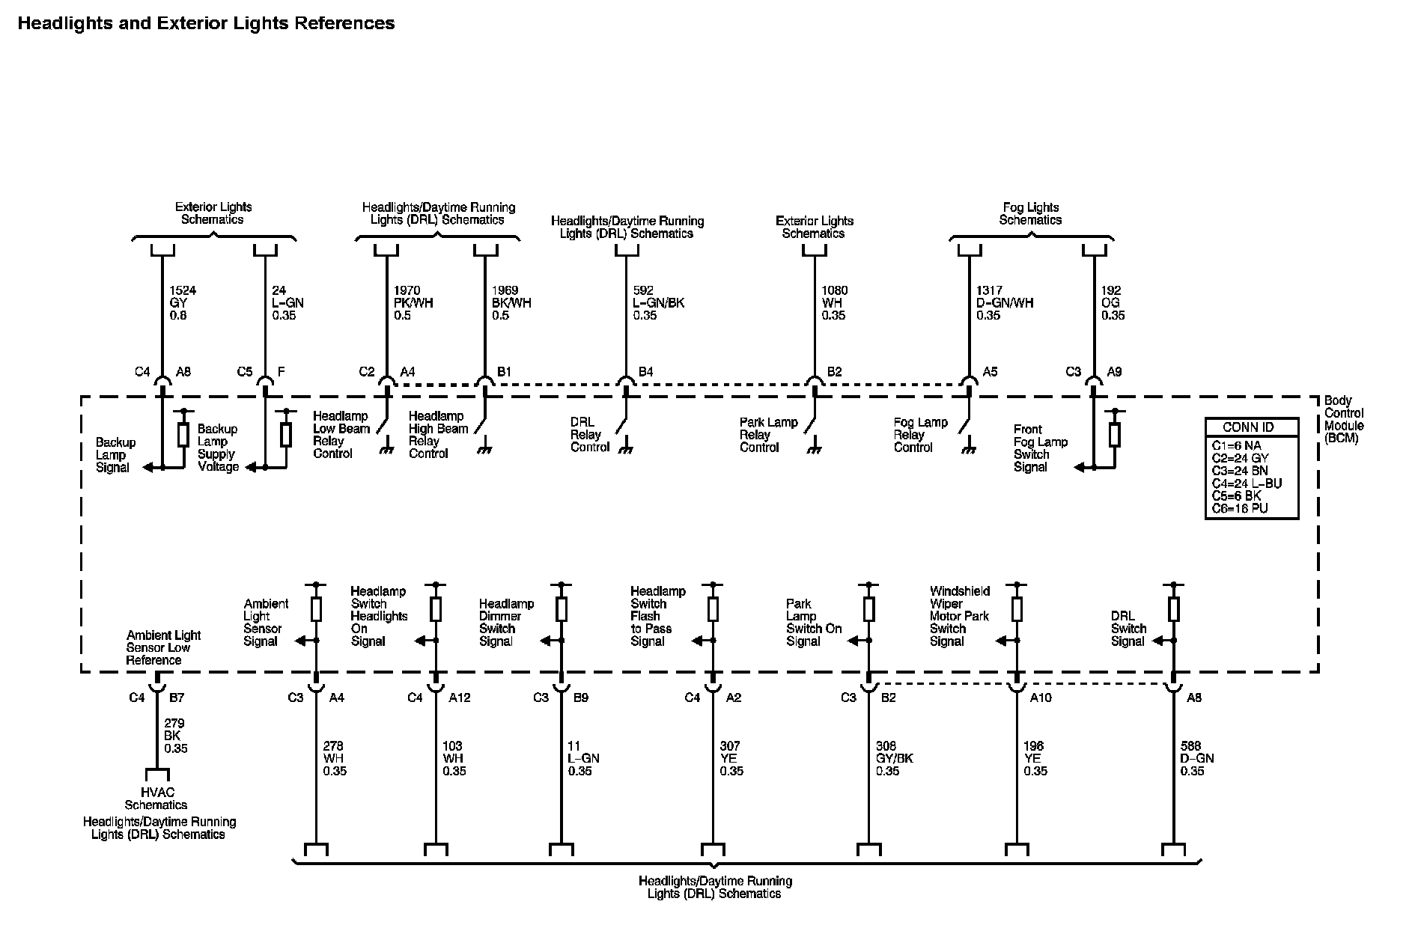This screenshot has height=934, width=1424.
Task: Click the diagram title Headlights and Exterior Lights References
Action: (206, 23)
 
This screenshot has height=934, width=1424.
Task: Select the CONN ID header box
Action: (1251, 427)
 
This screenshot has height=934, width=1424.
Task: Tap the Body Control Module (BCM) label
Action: (1344, 419)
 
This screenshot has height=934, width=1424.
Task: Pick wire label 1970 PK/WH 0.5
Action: (413, 302)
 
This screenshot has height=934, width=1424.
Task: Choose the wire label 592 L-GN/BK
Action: (659, 302)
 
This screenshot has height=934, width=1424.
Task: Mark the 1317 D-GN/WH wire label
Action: (1004, 302)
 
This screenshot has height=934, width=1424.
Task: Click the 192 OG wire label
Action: (1113, 302)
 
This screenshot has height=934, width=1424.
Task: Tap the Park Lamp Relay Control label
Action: (768, 435)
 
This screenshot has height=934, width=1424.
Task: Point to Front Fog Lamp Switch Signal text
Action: (1040, 448)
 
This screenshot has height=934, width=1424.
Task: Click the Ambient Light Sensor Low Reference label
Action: (162, 647)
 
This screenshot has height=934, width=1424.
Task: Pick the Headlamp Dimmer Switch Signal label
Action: (506, 623)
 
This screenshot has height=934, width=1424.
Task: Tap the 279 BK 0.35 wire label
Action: (175, 736)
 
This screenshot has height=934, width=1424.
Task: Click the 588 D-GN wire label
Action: (1196, 758)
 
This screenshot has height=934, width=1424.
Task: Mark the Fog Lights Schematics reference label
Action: (1030, 213)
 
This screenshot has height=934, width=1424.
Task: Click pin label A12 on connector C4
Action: (460, 698)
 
